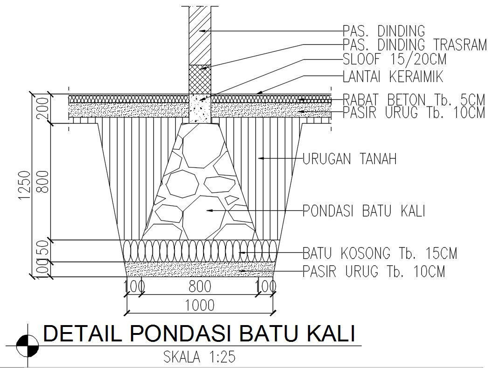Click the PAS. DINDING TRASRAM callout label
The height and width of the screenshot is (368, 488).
tap(414, 45)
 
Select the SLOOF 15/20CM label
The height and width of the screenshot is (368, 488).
tap(394, 60)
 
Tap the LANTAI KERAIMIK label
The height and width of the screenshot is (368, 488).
tap(392, 76)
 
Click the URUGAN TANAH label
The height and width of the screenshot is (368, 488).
tap(350, 159)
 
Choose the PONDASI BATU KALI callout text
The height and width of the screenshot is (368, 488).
tap(364, 211)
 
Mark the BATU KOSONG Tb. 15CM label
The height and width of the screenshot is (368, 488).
tap(380, 254)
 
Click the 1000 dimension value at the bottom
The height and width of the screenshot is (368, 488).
tap(200, 306)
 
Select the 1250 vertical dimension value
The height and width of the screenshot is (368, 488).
tap(24, 186)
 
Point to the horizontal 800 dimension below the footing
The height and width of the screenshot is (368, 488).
tap(200, 286)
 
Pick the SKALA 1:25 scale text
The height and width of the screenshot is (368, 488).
tap(199, 357)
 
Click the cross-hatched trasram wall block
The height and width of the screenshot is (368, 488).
tap(200, 79)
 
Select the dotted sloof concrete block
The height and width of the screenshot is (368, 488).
tap(200, 108)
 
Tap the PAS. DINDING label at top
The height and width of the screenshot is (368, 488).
tap(384, 31)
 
